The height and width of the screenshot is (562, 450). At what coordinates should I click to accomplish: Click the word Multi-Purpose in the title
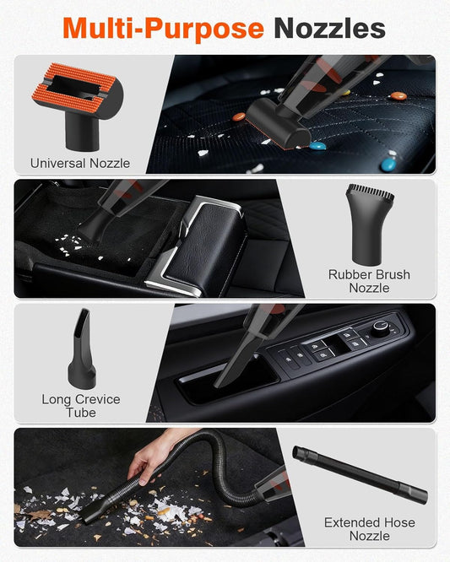(x=163, y=28)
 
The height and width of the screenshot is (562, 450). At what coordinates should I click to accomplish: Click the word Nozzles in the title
(x=329, y=28)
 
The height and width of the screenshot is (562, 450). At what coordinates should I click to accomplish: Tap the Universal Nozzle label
(x=80, y=163)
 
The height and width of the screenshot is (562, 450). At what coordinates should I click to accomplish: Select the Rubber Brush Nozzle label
(x=369, y=281)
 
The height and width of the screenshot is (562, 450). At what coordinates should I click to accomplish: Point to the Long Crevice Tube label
(x=81, y=406)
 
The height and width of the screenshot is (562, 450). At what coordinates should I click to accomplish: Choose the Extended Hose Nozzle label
(x=369, y=529)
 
